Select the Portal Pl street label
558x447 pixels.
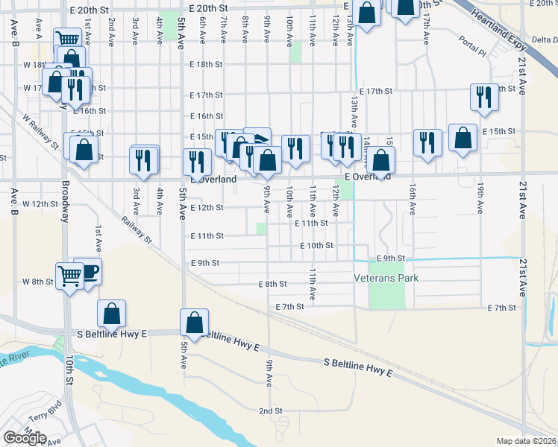click(472, 45)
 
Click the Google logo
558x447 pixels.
click(25, 438)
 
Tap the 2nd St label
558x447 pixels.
click(270, 410)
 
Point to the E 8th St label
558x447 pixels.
click(272, 285)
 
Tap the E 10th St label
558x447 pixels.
click(316, 245)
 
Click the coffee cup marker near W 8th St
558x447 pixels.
click(87, 270)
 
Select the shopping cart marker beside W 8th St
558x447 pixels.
click(69, 276)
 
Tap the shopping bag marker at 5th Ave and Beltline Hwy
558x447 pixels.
click(194, 323)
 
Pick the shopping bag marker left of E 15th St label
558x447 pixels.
click(463, 137)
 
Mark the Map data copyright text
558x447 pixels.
click(527, 441)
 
